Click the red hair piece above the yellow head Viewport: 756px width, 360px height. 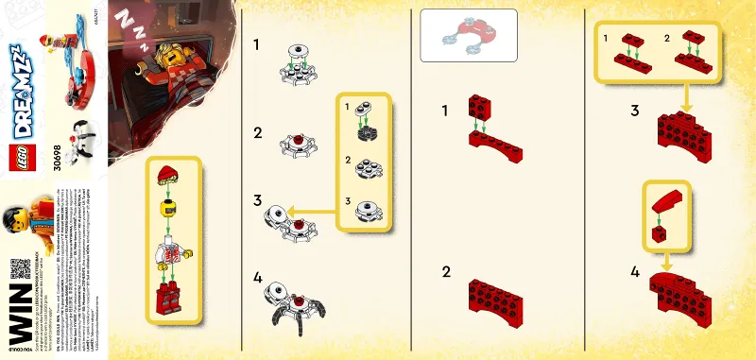coord(168,171)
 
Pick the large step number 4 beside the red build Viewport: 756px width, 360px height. coord(634,272)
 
